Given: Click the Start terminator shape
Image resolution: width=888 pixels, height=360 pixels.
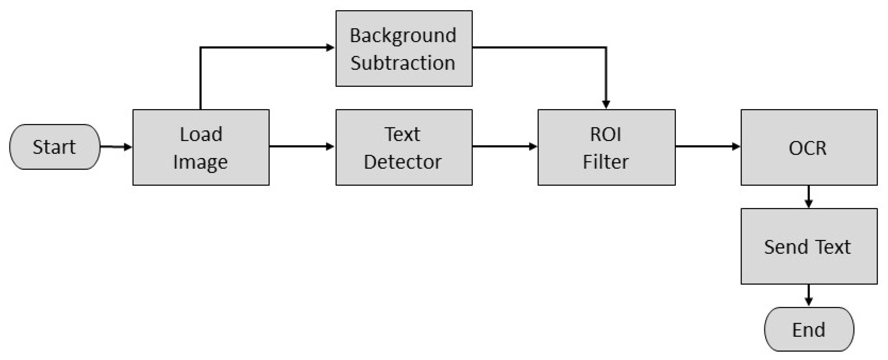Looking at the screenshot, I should (x=55, y=147).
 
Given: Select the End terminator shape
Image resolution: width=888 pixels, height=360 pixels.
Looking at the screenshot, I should (x=809, y=329).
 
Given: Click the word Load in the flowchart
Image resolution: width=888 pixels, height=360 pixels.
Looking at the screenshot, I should (x=201, y=134).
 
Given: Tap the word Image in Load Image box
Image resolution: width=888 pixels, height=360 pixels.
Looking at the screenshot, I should (x=200, y=162).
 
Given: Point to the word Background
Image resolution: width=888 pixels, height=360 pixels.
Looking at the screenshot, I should (x=403, y=36).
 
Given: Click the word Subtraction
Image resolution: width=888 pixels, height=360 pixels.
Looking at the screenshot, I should (x=403, y=63).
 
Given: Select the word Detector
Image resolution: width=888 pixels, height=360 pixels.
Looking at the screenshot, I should (x=403, y=162).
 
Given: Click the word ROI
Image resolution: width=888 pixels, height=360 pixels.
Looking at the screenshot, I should (x=606, y=134).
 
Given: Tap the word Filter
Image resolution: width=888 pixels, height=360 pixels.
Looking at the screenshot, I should (x=606, y=162).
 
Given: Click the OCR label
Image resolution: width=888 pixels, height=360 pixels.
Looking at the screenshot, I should (x=808, y=148).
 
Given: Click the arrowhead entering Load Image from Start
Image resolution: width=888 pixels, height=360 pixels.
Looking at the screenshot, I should (x=128, y=147).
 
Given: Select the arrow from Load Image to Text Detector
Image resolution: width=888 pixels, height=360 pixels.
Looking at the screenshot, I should (x=302, y=146).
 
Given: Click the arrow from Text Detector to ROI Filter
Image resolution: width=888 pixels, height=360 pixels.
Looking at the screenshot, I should (x=504, y=146).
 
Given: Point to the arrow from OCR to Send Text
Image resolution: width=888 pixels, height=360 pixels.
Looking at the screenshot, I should (x=809, y=197).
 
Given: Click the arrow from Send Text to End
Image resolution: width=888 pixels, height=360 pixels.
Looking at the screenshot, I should (x=809, y=295).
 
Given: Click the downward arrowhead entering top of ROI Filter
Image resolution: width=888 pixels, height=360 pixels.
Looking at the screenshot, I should (x=606, y=104).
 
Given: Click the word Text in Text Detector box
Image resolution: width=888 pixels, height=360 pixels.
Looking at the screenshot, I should (x=402, y=134).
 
